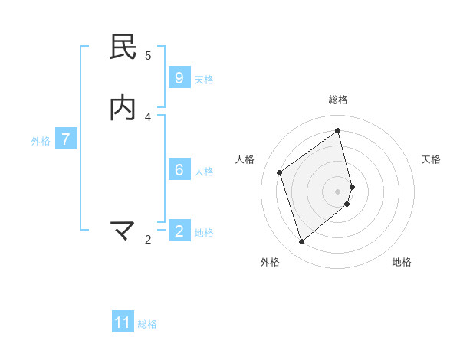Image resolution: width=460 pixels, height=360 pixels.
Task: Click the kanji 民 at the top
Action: point(123,47)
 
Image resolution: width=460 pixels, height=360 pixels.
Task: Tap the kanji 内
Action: point(123,108)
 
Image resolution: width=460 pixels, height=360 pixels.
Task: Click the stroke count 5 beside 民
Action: point(148,55)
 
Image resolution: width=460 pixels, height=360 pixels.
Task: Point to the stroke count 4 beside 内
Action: point(148,116)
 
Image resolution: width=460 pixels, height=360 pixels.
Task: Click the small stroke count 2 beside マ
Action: point(148,240)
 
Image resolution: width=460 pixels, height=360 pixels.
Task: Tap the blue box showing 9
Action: point(179,78)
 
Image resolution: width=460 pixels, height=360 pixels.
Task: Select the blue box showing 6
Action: point(179,170)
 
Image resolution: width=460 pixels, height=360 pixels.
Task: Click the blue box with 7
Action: point(67,139)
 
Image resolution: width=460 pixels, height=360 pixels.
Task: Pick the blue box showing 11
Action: point(123,322)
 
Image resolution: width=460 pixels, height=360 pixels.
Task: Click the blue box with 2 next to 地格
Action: point(179,231)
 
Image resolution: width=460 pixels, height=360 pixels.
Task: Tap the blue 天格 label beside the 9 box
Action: point(204,79)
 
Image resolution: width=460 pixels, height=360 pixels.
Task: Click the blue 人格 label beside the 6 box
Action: point(204,171)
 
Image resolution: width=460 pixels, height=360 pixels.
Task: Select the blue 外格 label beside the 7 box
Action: point(41,140)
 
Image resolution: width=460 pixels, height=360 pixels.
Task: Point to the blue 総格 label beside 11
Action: point(147,323)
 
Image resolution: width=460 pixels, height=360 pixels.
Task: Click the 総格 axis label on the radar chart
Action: point(338,100)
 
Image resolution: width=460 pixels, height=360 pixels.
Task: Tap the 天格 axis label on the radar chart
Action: point(431,159)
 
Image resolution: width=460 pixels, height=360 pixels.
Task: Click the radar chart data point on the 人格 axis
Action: point(280,172)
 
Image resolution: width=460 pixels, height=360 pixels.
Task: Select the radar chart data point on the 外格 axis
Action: point(301,242)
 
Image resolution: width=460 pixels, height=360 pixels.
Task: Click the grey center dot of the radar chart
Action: point(338,191)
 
